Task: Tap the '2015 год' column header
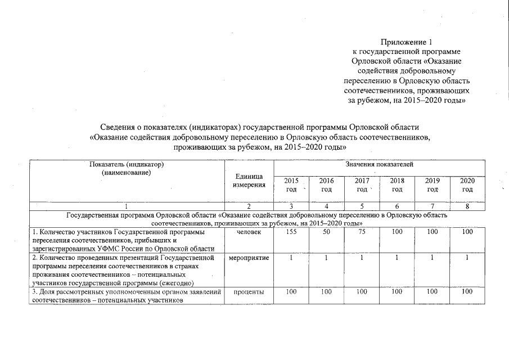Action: point(291,185)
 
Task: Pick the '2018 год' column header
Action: point(397,185)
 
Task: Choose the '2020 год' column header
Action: point(467,185)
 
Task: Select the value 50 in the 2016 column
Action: point(326,232)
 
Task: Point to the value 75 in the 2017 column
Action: point(362,232)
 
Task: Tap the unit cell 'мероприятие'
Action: point(249,258)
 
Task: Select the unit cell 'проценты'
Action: point(249,292)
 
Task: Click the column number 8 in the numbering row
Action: point(467,206)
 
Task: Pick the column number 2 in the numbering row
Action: point(249,206)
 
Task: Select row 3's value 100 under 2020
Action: point(467,292)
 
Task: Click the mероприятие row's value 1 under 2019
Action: point(432,258)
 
